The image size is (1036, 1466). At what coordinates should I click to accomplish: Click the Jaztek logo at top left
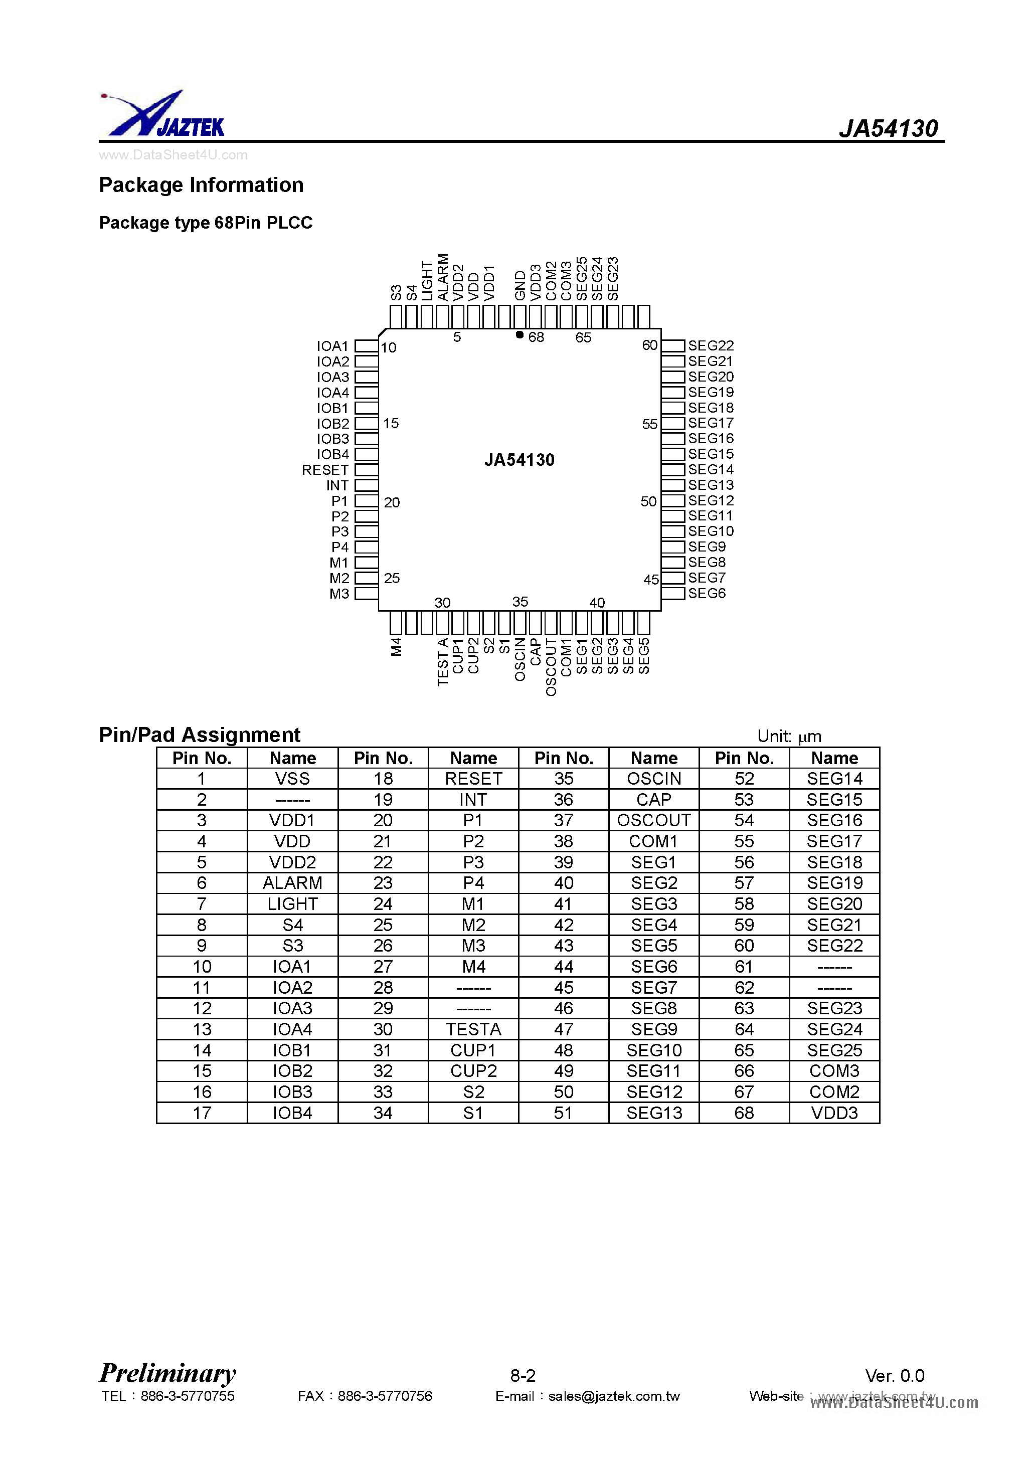[163, 115]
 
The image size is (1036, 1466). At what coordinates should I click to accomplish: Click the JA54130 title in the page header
[888, 128]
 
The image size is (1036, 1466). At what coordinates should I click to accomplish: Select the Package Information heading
[201, 185]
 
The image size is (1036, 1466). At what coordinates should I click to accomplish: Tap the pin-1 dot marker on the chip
[520, 334]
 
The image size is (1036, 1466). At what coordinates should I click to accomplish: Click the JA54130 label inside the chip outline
[520, 460]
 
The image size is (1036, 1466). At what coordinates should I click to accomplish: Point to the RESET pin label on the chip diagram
[325, 470]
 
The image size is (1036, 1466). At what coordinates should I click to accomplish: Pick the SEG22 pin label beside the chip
[710, 345]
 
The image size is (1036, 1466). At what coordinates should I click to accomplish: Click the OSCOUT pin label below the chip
[551, 667]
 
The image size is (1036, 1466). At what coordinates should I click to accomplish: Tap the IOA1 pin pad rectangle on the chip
[367, 345]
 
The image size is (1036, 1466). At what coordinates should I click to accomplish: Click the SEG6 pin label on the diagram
[707, 593]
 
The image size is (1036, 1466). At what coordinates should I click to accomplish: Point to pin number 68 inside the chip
[536, 337]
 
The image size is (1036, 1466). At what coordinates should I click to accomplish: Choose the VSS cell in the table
[292, 778]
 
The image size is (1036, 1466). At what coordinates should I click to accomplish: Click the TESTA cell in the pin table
[473, 1029]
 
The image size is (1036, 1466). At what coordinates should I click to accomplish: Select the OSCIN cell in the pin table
[654, 778]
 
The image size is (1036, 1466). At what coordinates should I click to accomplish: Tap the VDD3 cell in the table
[834, 1113]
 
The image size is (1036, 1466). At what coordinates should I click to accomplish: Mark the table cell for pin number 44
[563, 967]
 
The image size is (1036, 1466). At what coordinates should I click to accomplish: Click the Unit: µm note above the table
[789, 736]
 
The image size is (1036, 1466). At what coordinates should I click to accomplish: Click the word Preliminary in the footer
[168, 1372]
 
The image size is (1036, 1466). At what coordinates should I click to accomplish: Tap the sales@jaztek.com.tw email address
[614, 1396]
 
